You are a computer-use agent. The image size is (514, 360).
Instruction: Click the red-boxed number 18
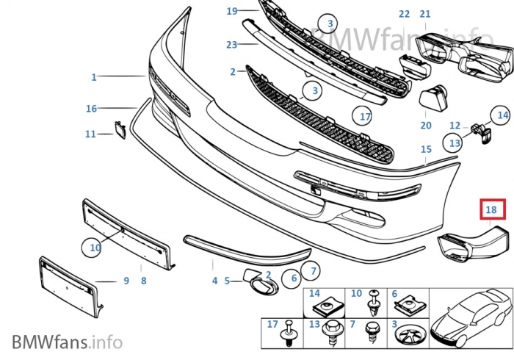click(x=492, y=209)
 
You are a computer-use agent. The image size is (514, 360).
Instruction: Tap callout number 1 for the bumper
click(x=94, y=76)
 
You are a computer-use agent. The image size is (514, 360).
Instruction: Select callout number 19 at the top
click(x=232, y=11)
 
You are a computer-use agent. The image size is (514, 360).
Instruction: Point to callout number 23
click(x=232, y=44)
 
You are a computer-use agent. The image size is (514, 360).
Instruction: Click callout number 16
click(x=91, y=109)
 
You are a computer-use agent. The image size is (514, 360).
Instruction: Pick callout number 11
click(x=90, y=134)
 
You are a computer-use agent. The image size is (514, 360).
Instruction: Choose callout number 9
click(x=126, y=280)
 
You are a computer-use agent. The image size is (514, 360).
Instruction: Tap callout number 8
click(x=144, y=280)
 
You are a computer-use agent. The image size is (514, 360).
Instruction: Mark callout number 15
click(x=426, y=149)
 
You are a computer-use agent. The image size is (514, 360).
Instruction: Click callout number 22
click(x=405, y=14)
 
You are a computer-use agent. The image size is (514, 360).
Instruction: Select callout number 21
click(x=426, y=14)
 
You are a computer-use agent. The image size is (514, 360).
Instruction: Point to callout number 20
click(x=426, y=126)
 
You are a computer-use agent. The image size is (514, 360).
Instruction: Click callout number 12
click(x=455, y=126)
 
